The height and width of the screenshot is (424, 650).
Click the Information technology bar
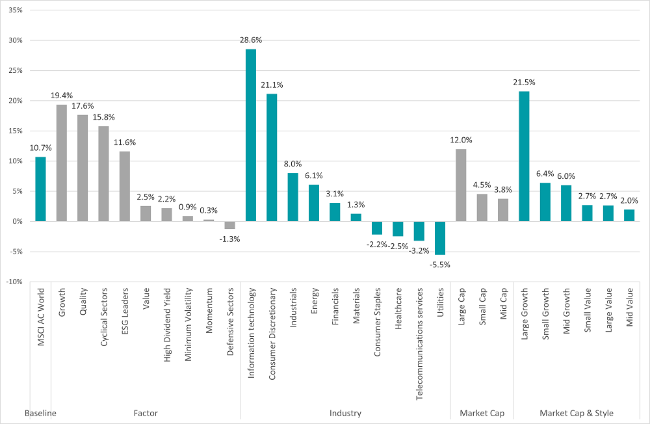pyautogui.click(x=250, y=135)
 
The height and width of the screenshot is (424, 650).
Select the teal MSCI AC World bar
pyautogui.click(x=41, y=189)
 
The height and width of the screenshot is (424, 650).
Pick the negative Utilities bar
pyautogui.click(x=440, y=238)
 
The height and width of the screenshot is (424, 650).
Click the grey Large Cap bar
pyautogui.click(x=461, y=185)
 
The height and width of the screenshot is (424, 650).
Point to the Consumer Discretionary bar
pyautogui.click(x=272, y=158)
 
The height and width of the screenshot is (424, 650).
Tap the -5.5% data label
pyautogui.click(x=440, y=265)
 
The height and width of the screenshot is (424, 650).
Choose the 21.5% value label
pyautogui.click(x=524, y=83)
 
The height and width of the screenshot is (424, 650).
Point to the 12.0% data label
pyautogui.click(x=461, y=140)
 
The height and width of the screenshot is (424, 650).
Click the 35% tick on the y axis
pyautogui.click(x=15, y=11)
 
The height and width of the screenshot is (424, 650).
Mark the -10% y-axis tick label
pyautogui.click(x=14, y=282)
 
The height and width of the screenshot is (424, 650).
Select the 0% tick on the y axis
pyautogui.click(x=18, y=222)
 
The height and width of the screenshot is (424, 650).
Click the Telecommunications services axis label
pyautogui.click(x=419, y=343)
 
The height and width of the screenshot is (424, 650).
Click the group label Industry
pyautogui.click(x=345, y=413)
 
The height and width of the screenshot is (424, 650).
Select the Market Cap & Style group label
pyautogui.click(x=576, y=413)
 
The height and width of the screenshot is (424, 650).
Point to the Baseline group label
pyautogui.click(x=40, y=413)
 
